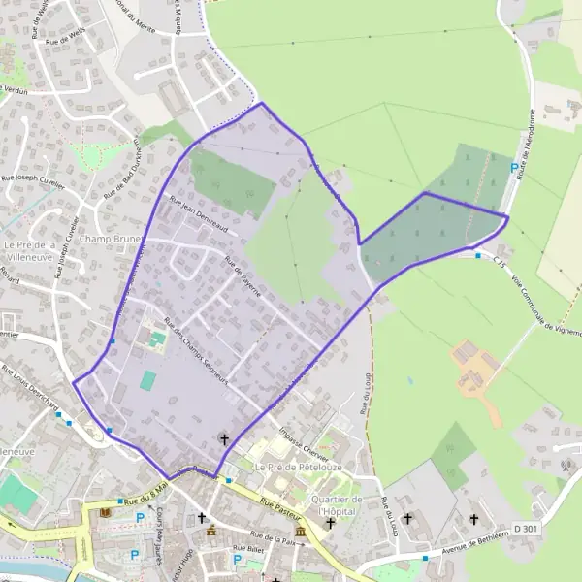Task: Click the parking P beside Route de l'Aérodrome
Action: (514, 167)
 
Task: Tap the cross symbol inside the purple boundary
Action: (225, 439)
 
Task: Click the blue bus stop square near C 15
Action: (478, 255)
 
